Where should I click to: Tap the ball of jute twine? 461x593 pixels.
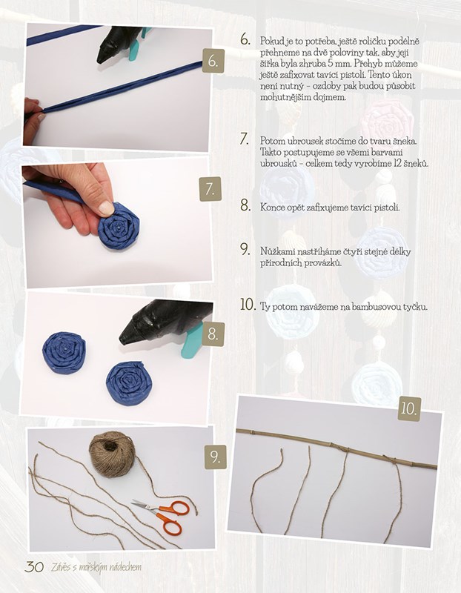tap(112, 454)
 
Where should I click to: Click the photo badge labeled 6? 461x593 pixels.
tap(213, 61)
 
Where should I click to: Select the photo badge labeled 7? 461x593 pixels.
tap(210, 189)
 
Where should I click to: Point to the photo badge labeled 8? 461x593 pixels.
tap(213, 334)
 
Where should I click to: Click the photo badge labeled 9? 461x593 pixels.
tap(216, 457)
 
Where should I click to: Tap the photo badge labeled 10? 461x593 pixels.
tap(409, 409)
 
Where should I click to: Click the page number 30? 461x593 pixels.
tap(34, 567)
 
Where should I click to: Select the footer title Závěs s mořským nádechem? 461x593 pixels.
tap(96, 567)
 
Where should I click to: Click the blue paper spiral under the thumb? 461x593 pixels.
tap(119, 226)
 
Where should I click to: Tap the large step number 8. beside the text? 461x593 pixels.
tap(245, 206)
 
